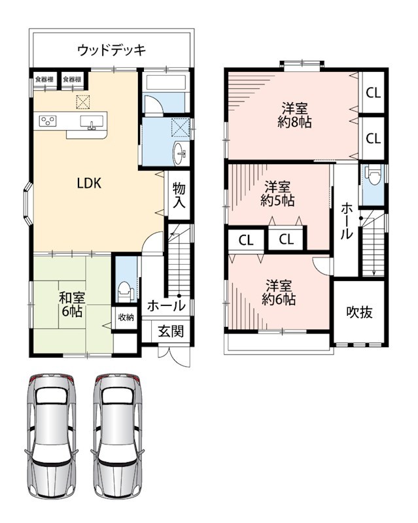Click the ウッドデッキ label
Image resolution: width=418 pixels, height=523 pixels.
click(112, 50)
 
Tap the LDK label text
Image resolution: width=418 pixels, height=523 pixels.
click(89, 183)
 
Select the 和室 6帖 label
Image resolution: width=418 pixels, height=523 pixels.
click(72, 304)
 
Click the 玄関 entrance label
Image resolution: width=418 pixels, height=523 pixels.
click(171, 331)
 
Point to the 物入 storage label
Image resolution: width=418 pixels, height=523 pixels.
click(179, 195)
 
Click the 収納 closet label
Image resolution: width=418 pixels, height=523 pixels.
click(126, 317)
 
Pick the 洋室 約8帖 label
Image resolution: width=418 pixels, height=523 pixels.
click(294, 116)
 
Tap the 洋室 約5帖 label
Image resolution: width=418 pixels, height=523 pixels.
click(277, 194)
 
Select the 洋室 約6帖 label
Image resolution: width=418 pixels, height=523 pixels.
click(279, 292)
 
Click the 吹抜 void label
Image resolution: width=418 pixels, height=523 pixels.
click(359, 312)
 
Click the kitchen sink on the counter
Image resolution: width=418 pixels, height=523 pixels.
click(92, 122)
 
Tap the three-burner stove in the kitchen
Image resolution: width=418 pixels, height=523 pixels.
click(48, 121)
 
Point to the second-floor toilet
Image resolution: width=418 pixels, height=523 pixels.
click(373, 174)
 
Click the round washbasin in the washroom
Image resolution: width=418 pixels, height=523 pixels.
click(180, 154)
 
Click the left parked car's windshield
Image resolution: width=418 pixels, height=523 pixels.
click(51, 397)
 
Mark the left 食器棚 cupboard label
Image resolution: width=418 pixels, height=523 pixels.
click(44, 79)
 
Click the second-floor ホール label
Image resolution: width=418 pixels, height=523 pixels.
click(346, 221)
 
